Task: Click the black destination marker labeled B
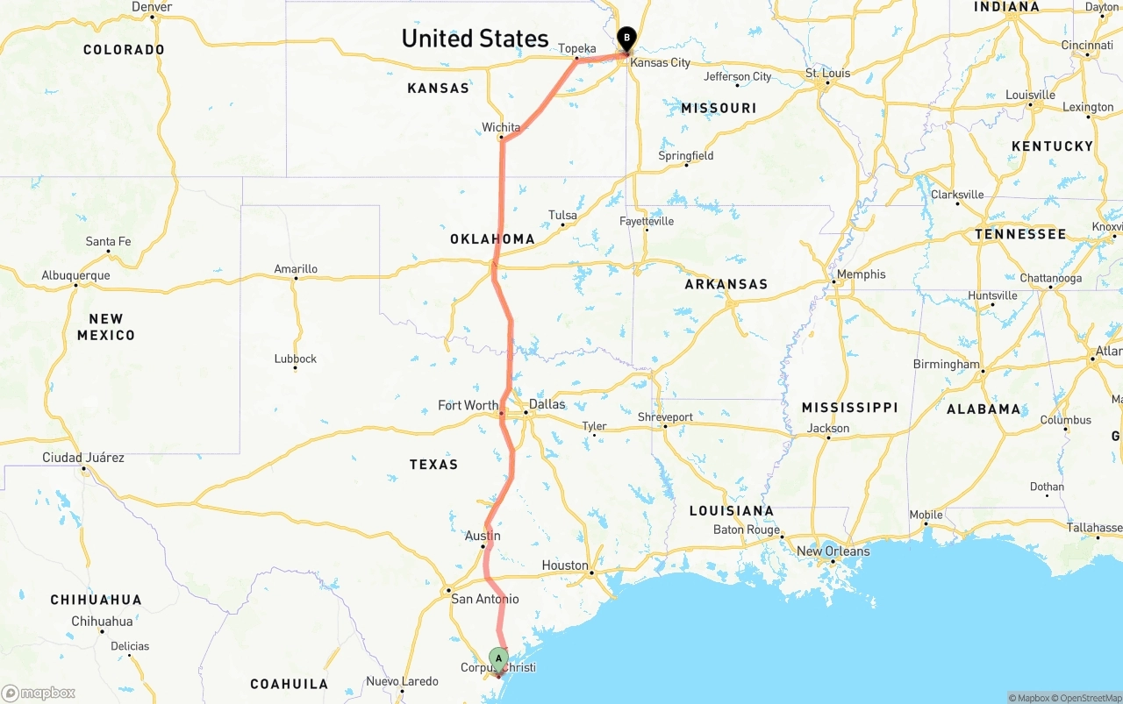(626, 38)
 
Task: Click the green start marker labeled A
(498, 658)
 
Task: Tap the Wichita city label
(501, 128)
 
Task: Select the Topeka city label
(577, 49)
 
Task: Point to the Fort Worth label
(468, 405)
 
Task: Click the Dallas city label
(547, 404)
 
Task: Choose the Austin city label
(483, 536)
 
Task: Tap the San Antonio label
(484, 600)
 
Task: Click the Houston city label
(565, 565)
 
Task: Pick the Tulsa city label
(563, 215)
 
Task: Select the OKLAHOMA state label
(492, 239)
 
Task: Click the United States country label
(475, 39)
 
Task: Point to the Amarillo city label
(296, 269)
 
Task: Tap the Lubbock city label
(295, 359)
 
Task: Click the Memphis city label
(861, 274)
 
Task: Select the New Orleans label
(833, 551)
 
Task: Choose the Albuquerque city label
(75, 275)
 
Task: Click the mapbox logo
(39, 693)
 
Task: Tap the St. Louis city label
(828, 73)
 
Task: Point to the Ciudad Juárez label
(83, 458)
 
